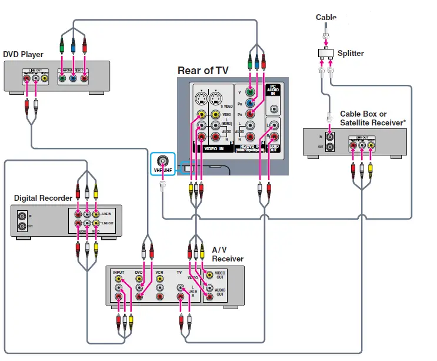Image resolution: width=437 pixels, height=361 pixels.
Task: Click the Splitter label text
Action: pos(351,54)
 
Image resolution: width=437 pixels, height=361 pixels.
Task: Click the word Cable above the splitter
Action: pos(326,18)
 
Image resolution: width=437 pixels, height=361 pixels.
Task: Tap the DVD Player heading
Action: pos(24,55)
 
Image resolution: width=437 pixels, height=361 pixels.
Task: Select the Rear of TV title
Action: pos(203,71)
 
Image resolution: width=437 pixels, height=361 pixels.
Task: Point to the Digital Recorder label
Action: pos(43,198)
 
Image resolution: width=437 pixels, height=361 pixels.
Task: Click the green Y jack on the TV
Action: pos(250,92)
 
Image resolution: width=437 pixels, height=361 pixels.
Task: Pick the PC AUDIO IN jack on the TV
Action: pos(273,108)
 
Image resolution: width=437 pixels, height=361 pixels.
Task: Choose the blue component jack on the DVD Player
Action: pos(73,77)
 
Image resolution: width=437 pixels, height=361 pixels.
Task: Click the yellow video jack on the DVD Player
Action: pos(45,77)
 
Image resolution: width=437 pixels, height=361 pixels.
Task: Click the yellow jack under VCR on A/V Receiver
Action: pos(159,279)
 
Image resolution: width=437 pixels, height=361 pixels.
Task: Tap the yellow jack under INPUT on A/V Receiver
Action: pos(119,279)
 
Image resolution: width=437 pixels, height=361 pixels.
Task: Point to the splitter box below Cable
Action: pos(325,54)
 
